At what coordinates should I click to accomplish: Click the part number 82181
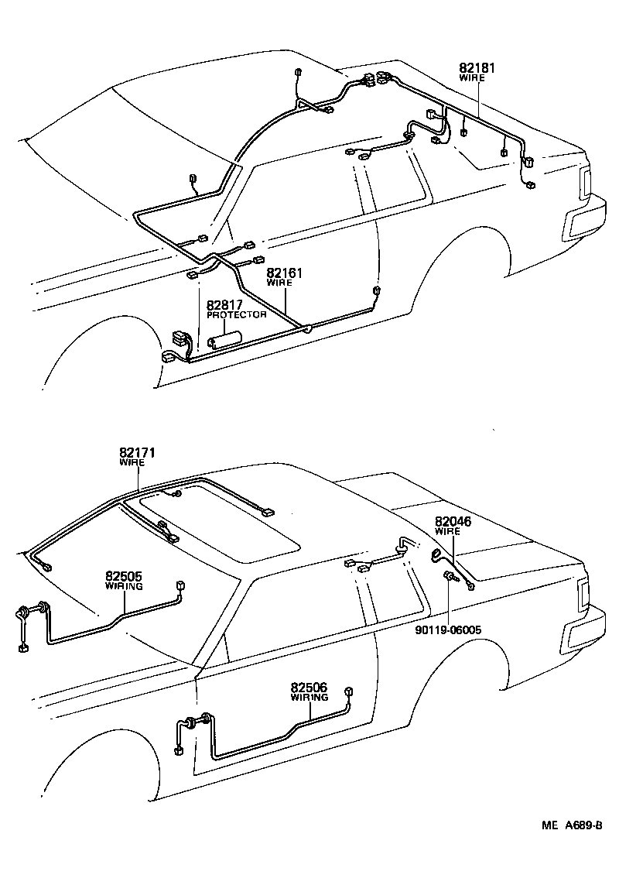click(x=477, y=68)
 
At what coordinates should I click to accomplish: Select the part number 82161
click(x=284, y=273)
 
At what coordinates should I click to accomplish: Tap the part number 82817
click(x=224, y=305)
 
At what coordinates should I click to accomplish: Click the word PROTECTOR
click(x=236, y=315)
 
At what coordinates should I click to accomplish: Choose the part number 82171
click(x=137, y=452)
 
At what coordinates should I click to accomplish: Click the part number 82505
click(x=124, y=576)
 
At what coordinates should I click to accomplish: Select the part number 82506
click(x=309, y=687)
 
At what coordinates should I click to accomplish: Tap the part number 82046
click(x=453, y=522)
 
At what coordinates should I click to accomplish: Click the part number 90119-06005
click(x=448, y=630)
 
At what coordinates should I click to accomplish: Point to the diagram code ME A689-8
click(x=571, y=827)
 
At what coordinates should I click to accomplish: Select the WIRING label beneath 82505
click(x=124, y=587)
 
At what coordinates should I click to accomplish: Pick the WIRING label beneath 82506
click(x=309, y=698)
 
